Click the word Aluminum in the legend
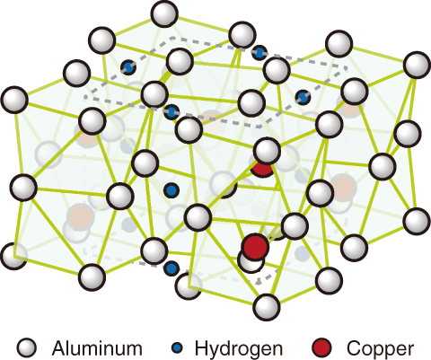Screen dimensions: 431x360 [x=97, y=348]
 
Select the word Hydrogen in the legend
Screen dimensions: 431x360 [x=239, y=349]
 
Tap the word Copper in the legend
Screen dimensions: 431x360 [x=380, y=349]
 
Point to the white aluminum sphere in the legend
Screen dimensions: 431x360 [x=27, y=348]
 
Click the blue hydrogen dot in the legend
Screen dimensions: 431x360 [x=177, y=348]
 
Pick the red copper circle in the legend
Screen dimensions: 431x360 [x=322, y=348]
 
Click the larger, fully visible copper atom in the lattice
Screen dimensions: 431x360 [x=255, y=247]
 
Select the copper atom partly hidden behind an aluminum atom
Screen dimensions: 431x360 [x=262, y=169]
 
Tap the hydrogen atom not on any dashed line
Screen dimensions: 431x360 [x=172, y=190]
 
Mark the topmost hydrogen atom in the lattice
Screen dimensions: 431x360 [x=259, y=53]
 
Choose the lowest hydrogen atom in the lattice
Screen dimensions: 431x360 [x=172, y=268]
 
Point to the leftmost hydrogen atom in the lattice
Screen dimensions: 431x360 [x=128, y=67]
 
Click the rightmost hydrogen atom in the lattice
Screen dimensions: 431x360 [x=303, y=97]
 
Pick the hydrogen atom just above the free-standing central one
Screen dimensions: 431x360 [x=172, y=112]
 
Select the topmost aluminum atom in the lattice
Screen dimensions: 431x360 [x=164, y=13]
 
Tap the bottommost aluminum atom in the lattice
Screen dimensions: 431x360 [x=267, y=307]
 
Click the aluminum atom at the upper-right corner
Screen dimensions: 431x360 [x=417, y=65]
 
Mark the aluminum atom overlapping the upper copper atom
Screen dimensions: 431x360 [x=267, y=151]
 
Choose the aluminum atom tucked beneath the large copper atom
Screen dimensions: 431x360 [x=251, y=261]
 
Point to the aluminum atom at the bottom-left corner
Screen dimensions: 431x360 [x=13, y=257]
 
